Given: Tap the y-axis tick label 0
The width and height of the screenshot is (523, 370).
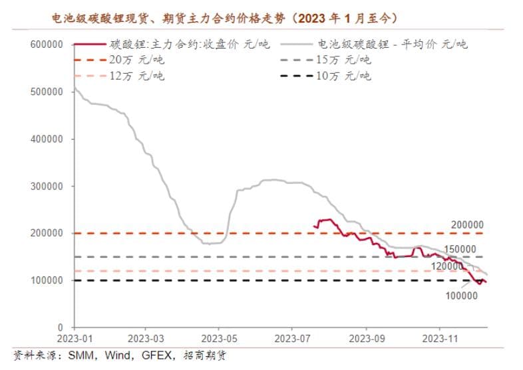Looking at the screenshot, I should click(60, 327).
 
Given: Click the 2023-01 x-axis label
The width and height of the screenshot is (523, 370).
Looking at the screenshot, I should click(74, 338).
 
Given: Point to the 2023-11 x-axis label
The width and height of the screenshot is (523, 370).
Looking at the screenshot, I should click(441, 338).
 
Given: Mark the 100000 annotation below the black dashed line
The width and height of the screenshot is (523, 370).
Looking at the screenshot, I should click(460, 295).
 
